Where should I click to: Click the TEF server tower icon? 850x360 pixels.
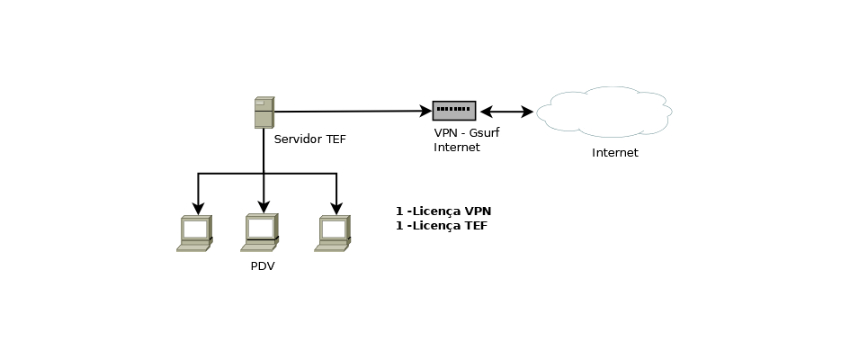click(x=264, y=112)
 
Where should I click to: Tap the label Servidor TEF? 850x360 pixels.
click(x=309, y=139)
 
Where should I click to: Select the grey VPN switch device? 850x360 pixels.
click(x=454, y=111)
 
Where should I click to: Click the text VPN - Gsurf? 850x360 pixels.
click(x=466, y=133)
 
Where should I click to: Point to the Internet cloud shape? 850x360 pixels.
click(x=604, y=112)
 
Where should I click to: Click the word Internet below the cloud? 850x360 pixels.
click(x=614, y=153)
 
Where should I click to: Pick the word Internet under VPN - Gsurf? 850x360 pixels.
click(x=456, y=147)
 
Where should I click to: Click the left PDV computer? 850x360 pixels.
click(x=194, y=234)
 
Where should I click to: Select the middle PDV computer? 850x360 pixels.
click(x=260, y=232)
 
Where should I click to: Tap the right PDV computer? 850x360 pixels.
click(x=333, y=234)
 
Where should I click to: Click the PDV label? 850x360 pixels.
click(x=263, y=266)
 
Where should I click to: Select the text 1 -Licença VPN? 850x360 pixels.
click(x=443, y=211)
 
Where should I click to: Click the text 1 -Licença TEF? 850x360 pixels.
click(x=442, y=226)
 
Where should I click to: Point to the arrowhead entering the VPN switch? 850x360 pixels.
click(x=426, y=111)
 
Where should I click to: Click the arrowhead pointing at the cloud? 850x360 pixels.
click(x=527, y=112)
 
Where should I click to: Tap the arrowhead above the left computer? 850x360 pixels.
click(x=199, y=209)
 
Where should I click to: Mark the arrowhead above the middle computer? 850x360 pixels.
click(x=264, y=207)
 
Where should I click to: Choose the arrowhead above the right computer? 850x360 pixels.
click(x=336, y=209)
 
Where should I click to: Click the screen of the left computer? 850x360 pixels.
click(x=195, y=229)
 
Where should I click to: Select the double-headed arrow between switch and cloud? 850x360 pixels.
click(x=507, y=112)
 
